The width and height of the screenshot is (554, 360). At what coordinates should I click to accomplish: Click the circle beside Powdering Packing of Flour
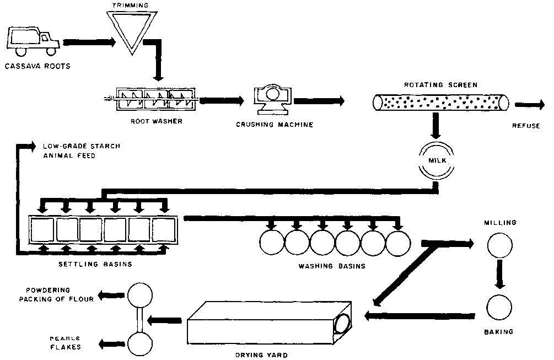click(140, 295)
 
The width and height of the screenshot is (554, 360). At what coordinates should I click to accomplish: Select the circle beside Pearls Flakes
click(140, 343)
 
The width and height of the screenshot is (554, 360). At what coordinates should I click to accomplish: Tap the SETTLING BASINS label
click(95, 264)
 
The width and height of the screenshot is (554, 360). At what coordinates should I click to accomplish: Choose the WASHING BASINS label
click(331, 266)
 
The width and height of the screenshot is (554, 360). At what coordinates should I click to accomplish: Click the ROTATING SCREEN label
click(439, 85)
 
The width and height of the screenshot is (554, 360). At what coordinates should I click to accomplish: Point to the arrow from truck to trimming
click(89, 41)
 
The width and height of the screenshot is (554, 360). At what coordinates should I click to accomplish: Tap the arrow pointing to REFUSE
click(528, 103)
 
